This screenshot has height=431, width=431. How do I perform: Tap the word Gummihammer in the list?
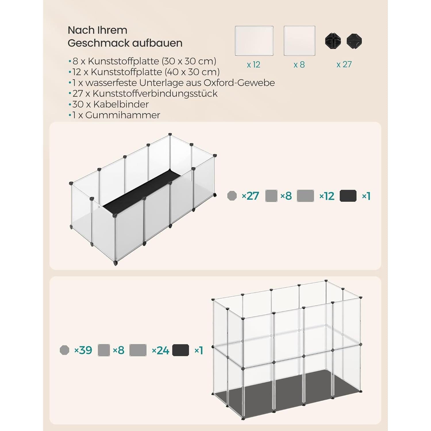pos(123,115)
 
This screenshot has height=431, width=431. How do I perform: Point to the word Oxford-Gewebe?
pos(239,83)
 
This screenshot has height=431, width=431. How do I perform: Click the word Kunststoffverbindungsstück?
pos(155,93)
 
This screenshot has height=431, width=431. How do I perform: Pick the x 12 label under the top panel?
pos(253,65)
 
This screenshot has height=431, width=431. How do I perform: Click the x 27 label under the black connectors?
pos(344,64)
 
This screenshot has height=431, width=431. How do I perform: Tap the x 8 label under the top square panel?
pos(299,65)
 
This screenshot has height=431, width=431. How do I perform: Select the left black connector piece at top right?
pos(333,41)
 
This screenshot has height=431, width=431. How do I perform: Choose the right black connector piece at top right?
pos(354,41)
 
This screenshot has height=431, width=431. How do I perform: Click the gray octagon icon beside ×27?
pos(232,196)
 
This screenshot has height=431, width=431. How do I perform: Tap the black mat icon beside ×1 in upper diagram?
pos(348,196)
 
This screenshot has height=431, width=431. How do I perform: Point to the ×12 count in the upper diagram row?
pos(327,196)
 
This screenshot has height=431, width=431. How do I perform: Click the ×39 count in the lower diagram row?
pos(83,350)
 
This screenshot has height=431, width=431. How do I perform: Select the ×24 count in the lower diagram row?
pos(160,350)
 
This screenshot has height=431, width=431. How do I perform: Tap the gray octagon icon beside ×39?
pos(64,350)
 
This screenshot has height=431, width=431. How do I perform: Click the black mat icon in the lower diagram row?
pos(180,350)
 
